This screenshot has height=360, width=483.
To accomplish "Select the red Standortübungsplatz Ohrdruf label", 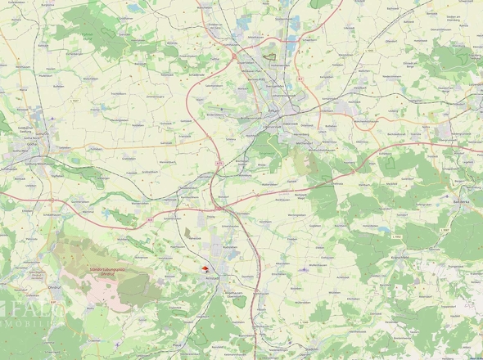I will point(109,269).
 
